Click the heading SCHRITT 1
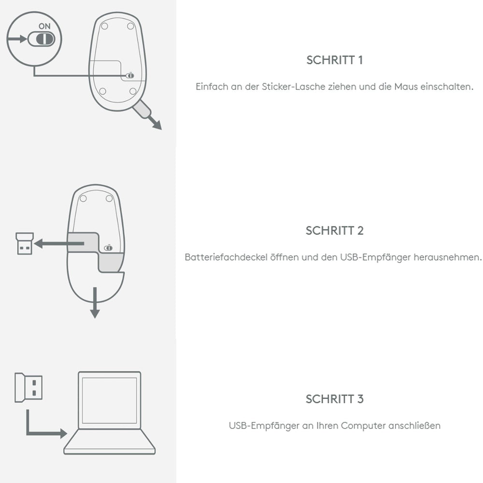tap(334, 60)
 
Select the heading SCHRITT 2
tap(334, 230)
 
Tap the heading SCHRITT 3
tap(334, 399)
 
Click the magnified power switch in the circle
tap(41, 39)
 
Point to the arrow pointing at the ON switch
tap(17, 39)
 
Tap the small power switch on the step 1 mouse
tap(128, 76)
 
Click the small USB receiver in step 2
tap(23, 244)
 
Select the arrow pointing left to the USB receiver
tap(51, 244)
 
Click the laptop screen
tap(110, 399)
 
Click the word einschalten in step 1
tap(449, 87)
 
